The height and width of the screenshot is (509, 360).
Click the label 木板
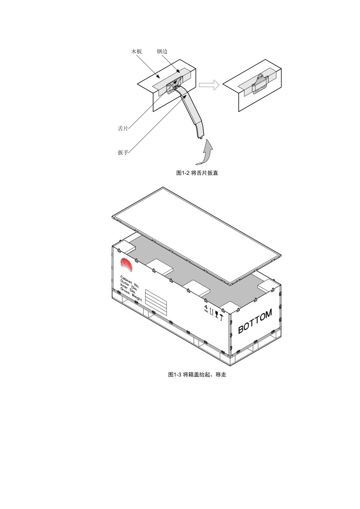pos(136,52)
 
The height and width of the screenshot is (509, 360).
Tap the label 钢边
pos(162,52)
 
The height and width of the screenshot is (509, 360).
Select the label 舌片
pos(123,128)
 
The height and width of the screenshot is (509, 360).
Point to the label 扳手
pos(123,153)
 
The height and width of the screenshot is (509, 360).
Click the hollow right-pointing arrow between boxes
pos(209,85)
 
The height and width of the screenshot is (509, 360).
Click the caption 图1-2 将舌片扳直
pos(197,173)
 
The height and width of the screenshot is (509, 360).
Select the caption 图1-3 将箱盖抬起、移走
pos(197,375)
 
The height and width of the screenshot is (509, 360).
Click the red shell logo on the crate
pos(127,264)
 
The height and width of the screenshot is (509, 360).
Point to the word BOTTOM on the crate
pos(255,321)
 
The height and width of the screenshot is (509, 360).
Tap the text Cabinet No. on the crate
pos(130,282)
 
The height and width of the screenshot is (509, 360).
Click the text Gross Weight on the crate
pos(131,294)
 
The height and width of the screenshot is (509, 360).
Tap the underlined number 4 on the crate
pos(206,308)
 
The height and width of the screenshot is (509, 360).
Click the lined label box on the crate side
pos(156,303)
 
